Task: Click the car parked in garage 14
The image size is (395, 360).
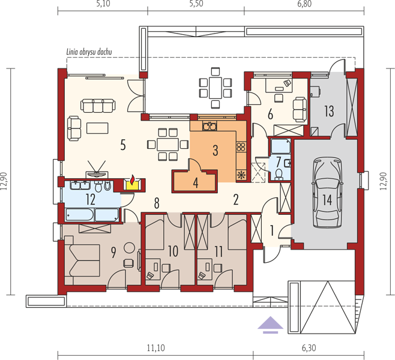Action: [x=327, y=193]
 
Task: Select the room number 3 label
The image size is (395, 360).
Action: [x=215, y=150]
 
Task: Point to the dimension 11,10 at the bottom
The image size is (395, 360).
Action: [x=156, y=348]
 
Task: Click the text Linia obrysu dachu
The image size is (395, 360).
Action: [x=89, y=52]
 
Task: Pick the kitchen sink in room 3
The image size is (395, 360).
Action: [x=210, y=126]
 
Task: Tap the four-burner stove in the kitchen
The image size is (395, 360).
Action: [x=241, y=147]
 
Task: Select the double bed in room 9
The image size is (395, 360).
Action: [x=82, y=260]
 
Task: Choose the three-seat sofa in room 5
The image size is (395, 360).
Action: [x=98, y=106]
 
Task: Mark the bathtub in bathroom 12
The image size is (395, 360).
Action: [x=80, y=215]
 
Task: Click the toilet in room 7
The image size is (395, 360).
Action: [x=279, y=174]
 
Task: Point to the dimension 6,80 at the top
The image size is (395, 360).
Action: [x=304, y=4]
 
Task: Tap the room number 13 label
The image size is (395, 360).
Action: [x=329, y=111]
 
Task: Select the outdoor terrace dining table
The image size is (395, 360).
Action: [x=215, y=88]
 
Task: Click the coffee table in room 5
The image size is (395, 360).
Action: [x=97, y=128]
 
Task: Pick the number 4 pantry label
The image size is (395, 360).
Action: [x=196, y=183]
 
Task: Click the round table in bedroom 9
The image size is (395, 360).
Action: [x=130, y=248]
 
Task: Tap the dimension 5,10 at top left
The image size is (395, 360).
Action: [x=103, y=4]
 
